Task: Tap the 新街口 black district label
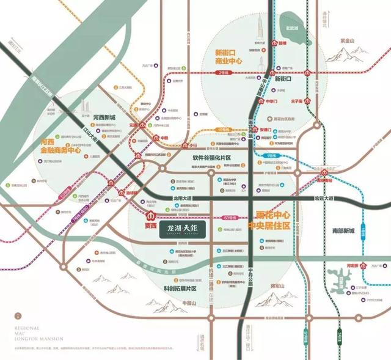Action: (285, 79)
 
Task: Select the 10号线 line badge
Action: (224, 130)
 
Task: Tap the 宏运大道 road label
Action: (324, 198)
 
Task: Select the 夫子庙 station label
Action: (298, 102)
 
